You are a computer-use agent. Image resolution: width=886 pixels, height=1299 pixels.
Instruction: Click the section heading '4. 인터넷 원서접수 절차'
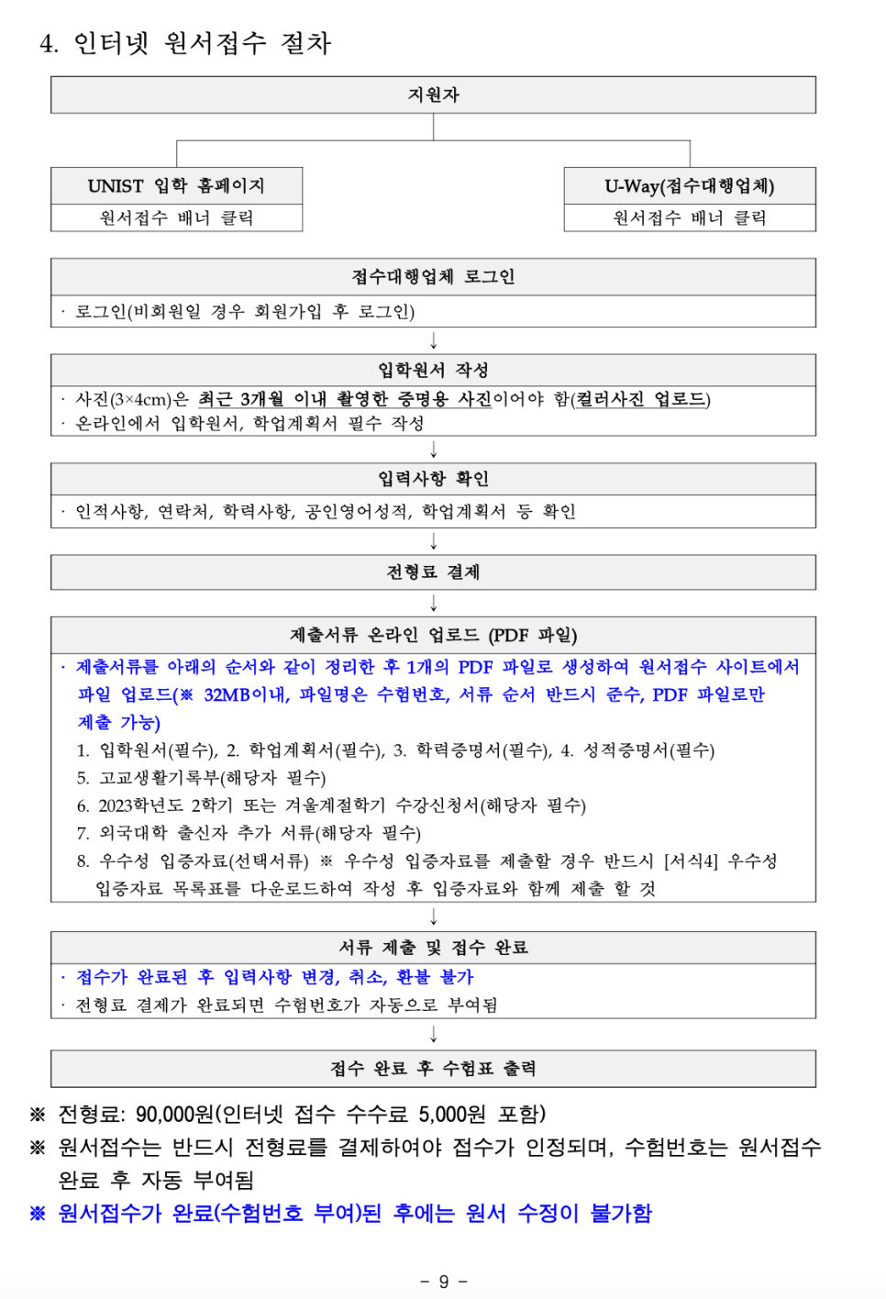click(x=184, y=43)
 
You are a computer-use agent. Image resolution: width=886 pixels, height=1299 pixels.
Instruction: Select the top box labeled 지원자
click(x=433, y=95)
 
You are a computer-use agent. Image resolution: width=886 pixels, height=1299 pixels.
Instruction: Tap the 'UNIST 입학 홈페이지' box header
click(x=176, y=186)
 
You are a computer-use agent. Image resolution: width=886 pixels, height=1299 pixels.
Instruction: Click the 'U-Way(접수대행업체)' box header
click(x=689, y=186)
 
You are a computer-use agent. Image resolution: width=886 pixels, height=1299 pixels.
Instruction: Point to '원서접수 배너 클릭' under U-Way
click(x=689, y=218)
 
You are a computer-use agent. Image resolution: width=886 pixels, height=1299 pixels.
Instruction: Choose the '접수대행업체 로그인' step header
click(x=433, y=277)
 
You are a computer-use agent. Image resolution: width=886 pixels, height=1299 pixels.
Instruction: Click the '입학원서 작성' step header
click(x=433, y=371)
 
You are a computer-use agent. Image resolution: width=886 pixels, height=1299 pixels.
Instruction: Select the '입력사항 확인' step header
click(x=433, y=479)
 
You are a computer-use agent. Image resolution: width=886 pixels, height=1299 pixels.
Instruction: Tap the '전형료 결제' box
click(x=433, y=572)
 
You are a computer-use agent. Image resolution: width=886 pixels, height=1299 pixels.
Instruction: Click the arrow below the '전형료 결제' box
click(x=434, y=603)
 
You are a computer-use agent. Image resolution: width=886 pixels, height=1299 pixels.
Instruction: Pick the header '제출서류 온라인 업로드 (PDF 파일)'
click(x=433, y=635)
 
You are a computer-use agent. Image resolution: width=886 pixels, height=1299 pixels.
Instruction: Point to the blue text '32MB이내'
click(x=245, y=694)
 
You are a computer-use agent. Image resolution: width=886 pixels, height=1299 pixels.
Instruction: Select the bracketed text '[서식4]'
click(x=691, y=861)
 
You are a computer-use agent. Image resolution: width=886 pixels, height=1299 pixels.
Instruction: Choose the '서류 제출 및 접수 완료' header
click(x=433, y=948)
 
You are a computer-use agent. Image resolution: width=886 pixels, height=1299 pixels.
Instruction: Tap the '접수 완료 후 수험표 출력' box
click(x=433, y=1069)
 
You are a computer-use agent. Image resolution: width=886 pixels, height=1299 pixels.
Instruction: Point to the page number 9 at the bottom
click(x=444, y=1282)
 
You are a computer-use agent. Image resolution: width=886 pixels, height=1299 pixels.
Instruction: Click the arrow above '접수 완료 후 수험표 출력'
click(x=434, y=1035)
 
